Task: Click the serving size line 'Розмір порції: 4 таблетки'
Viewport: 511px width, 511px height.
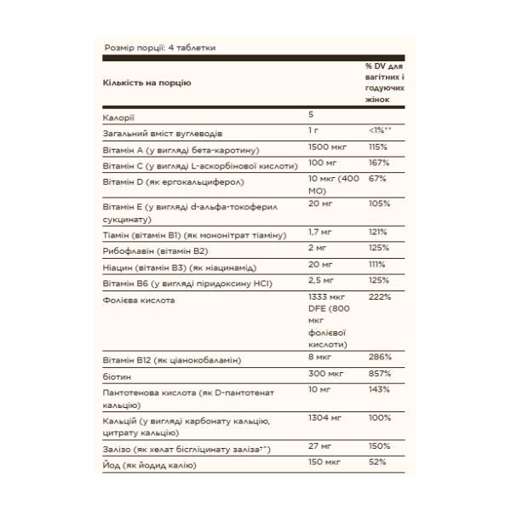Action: click(x=158, y=48)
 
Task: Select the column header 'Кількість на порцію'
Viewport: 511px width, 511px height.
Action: click(x=146, y=83)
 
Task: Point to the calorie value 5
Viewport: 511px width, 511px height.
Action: click(x=312, y=114)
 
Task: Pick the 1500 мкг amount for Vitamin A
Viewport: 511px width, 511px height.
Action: click(x=329, y=146)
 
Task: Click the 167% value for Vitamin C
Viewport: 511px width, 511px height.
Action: click(x=379, y=162)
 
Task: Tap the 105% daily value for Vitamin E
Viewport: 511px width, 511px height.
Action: click(x=379, y=204)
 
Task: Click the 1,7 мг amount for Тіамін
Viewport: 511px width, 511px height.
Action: click(x=319, y=232)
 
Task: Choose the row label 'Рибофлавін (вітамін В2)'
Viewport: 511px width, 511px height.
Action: click(x=155, y=251)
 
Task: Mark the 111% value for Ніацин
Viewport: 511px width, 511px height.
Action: click(x=378, y=266)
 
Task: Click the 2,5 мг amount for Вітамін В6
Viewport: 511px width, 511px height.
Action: click(x=322, y=280)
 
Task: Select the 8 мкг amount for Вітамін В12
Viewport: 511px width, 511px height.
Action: click(x=319, y=359)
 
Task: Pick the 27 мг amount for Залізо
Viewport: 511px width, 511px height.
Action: click(x=319, y=445)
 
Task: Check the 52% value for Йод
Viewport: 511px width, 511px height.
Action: click(x=378, y=462)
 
